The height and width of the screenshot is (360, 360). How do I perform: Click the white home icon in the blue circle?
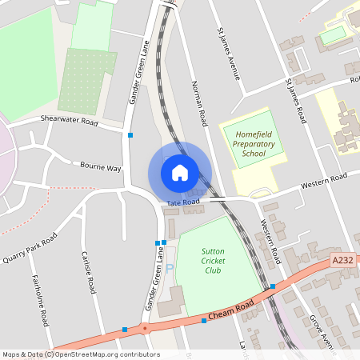pyautogui.click(x=179, y=172)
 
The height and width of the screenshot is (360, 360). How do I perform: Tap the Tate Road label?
pyautogui.click(x=183, y=203)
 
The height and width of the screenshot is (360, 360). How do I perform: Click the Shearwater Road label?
pyautogui.click(x=69, y=122)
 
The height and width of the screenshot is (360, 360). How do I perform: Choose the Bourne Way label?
pyautogui.click(x=100, y=168)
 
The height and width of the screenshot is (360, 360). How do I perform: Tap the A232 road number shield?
pyautogui.click(x=342, y=260)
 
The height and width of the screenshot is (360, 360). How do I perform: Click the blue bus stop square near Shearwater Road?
pyautogui.click(x=130, y=136)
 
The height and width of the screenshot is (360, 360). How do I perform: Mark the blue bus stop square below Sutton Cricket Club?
pyautogui.click(x=204, y=321)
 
